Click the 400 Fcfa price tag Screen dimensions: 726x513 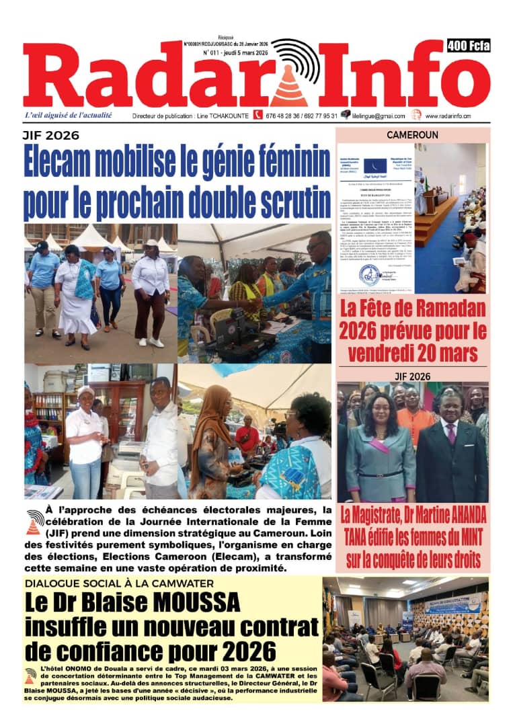pos(468,46)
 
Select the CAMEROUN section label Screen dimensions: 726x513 pos(412,135)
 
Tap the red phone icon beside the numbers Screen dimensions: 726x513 pos(258,115)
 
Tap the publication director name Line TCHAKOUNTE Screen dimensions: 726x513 pos(222,116)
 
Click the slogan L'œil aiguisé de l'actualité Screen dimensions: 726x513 pos(68,115)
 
